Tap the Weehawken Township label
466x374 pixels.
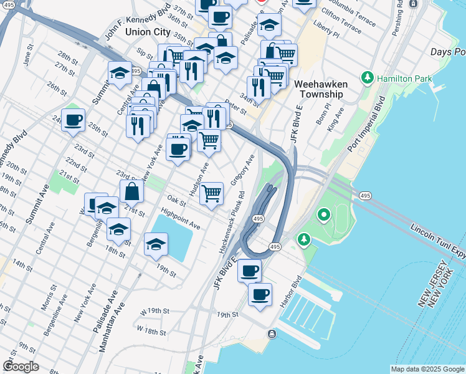pos(318,89)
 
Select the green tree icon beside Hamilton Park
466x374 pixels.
pos(368,79)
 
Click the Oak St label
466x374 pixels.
pos(176,203)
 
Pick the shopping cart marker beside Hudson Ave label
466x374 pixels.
pos(212,194)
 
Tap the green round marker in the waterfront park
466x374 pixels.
pos(323,216)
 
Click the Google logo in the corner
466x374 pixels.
pos(21,367)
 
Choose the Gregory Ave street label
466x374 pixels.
pos(243,170)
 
